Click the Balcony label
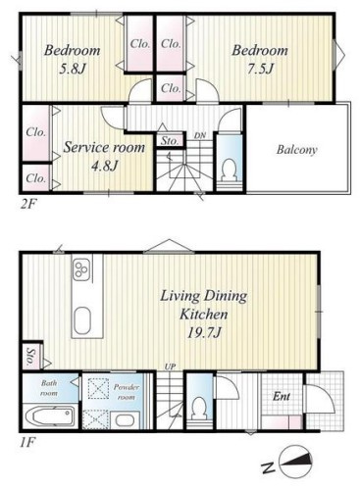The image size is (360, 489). pos(296,150)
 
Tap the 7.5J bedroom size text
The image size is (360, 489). pos(260,69)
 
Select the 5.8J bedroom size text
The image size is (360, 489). pos(73,69)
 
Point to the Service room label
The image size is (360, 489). pos(104,147)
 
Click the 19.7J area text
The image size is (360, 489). pos(204,333)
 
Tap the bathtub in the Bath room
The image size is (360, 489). pos(52,416)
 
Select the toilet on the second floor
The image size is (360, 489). pos(229,170)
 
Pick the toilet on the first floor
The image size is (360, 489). pos(199,408)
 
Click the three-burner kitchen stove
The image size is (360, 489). pos(81,269)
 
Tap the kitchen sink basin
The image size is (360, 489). pos(82,320)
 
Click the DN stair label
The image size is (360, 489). pos(199,135)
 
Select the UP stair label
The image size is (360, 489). pos(170,367)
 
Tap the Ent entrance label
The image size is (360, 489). pos(282,397)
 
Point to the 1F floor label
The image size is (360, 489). pos(26,443)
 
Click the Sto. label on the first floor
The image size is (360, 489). pos(30,357)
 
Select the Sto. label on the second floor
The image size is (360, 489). pos(170,141)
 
